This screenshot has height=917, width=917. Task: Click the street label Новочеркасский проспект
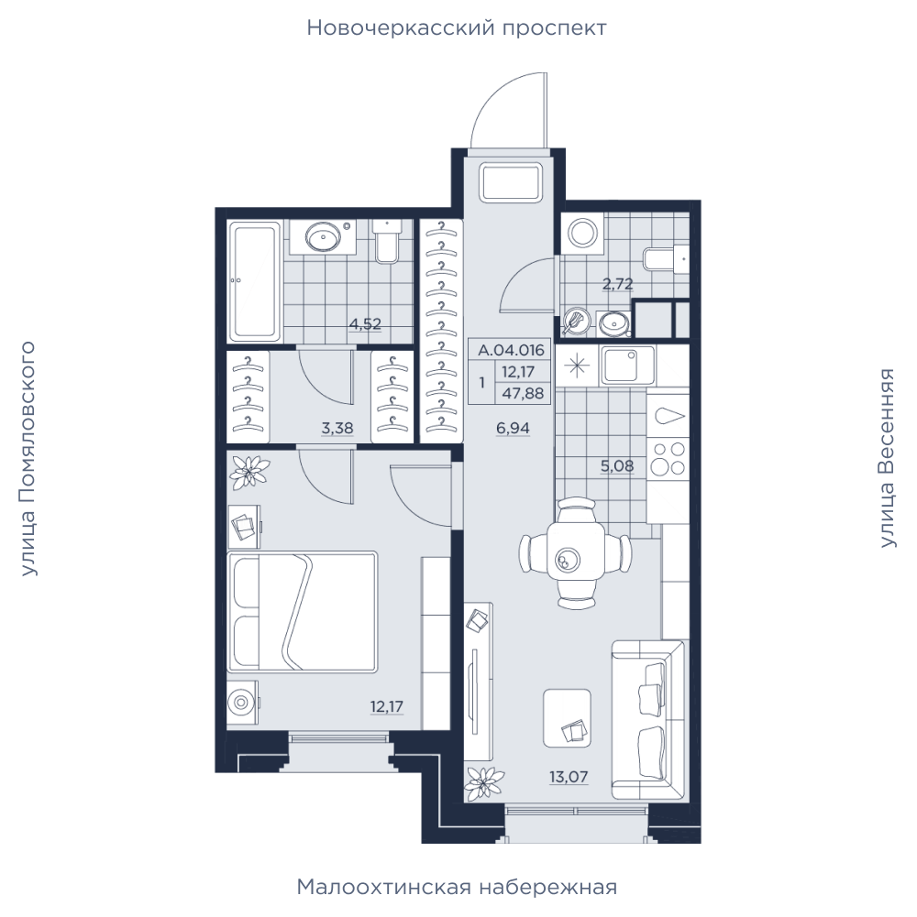pos(457,28)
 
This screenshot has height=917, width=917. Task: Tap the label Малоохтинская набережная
pos(457,887)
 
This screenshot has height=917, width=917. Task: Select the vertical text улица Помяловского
pos(28,459)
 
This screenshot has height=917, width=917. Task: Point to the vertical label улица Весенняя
pos(888,458)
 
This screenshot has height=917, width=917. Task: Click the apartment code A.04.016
pos(511,350)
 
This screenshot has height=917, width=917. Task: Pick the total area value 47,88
pos(523,394)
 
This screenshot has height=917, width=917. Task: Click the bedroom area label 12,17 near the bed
pos(386,706)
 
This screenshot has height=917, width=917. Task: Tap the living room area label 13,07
pos(568,777)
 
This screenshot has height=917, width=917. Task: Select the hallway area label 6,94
pos(513,428)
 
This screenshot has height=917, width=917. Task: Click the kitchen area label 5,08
pos(617,466)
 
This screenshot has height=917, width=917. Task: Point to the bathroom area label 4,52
pos(365,323)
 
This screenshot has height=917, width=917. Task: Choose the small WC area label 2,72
pos(618,284)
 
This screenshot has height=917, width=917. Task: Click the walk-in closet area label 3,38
pos(337,428)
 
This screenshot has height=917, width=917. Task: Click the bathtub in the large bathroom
pos(254,280)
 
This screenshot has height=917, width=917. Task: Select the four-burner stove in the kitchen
pos(668,459)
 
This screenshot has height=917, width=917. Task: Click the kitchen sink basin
pos(629,365)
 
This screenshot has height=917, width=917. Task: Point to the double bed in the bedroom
pos(303,610)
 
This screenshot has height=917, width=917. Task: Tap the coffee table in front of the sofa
pos(566,717)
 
